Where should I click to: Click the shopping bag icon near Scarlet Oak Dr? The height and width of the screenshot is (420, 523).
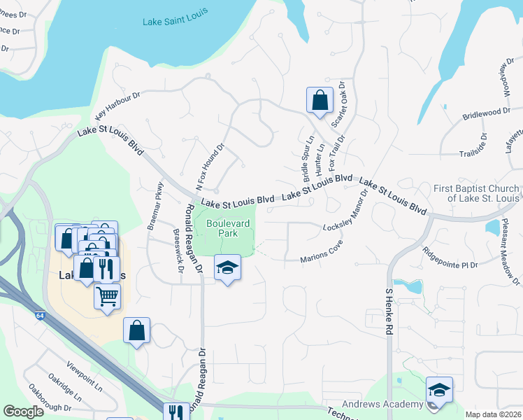click(319, 99)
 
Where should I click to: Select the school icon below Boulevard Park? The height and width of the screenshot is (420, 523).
click(227, 269)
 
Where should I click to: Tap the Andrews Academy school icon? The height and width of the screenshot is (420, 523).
click(439, 391)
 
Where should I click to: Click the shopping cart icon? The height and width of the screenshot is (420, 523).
click(107, 296)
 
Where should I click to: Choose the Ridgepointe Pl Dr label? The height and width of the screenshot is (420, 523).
click(449, 265)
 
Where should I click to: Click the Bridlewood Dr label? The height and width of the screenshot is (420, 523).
click(487, 113)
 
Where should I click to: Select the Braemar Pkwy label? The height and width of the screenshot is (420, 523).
click(155, 206)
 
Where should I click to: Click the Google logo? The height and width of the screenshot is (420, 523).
click(23, 412)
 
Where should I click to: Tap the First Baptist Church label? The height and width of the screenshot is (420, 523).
click(476, 193)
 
